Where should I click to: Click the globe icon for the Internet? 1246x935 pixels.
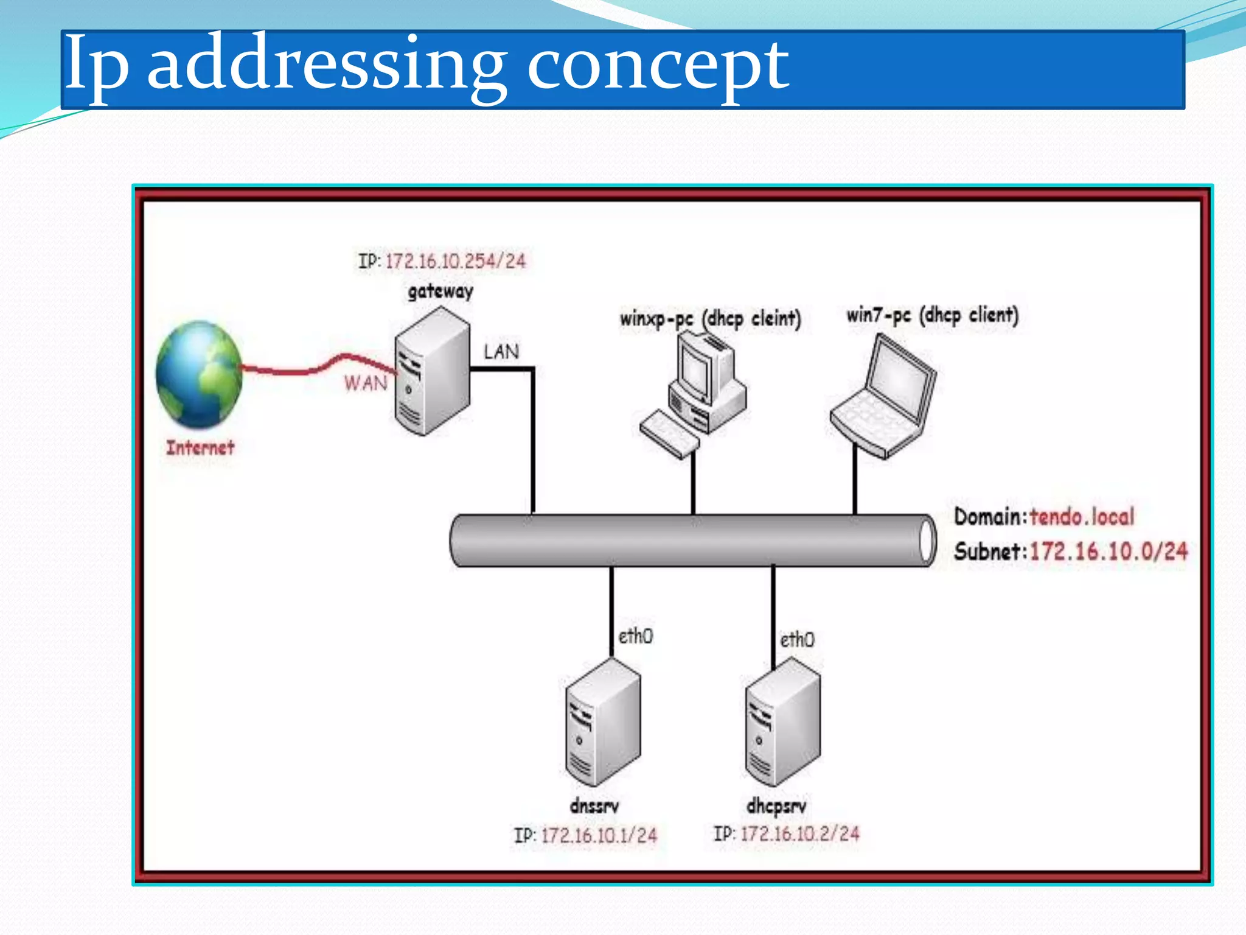[199, 374]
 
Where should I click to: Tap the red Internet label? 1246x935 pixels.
[200, 448]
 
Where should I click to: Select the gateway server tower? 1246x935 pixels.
[432, 371]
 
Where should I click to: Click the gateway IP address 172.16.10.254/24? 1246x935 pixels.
[455, 261]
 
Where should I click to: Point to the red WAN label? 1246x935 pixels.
[366, 383]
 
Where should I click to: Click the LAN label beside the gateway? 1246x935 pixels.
[501, 352]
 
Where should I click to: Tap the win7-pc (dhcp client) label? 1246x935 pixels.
[932, 315]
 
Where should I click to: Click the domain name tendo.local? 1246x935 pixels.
[1082, 517]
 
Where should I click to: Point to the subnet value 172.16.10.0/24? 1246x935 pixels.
[1108, 552]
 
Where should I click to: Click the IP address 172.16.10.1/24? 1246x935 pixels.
[599, 835]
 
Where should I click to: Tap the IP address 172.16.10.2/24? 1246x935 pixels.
[799, 833]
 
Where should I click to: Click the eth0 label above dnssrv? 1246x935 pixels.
[635, 637]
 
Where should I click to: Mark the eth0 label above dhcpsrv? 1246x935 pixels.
[797, 640]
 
